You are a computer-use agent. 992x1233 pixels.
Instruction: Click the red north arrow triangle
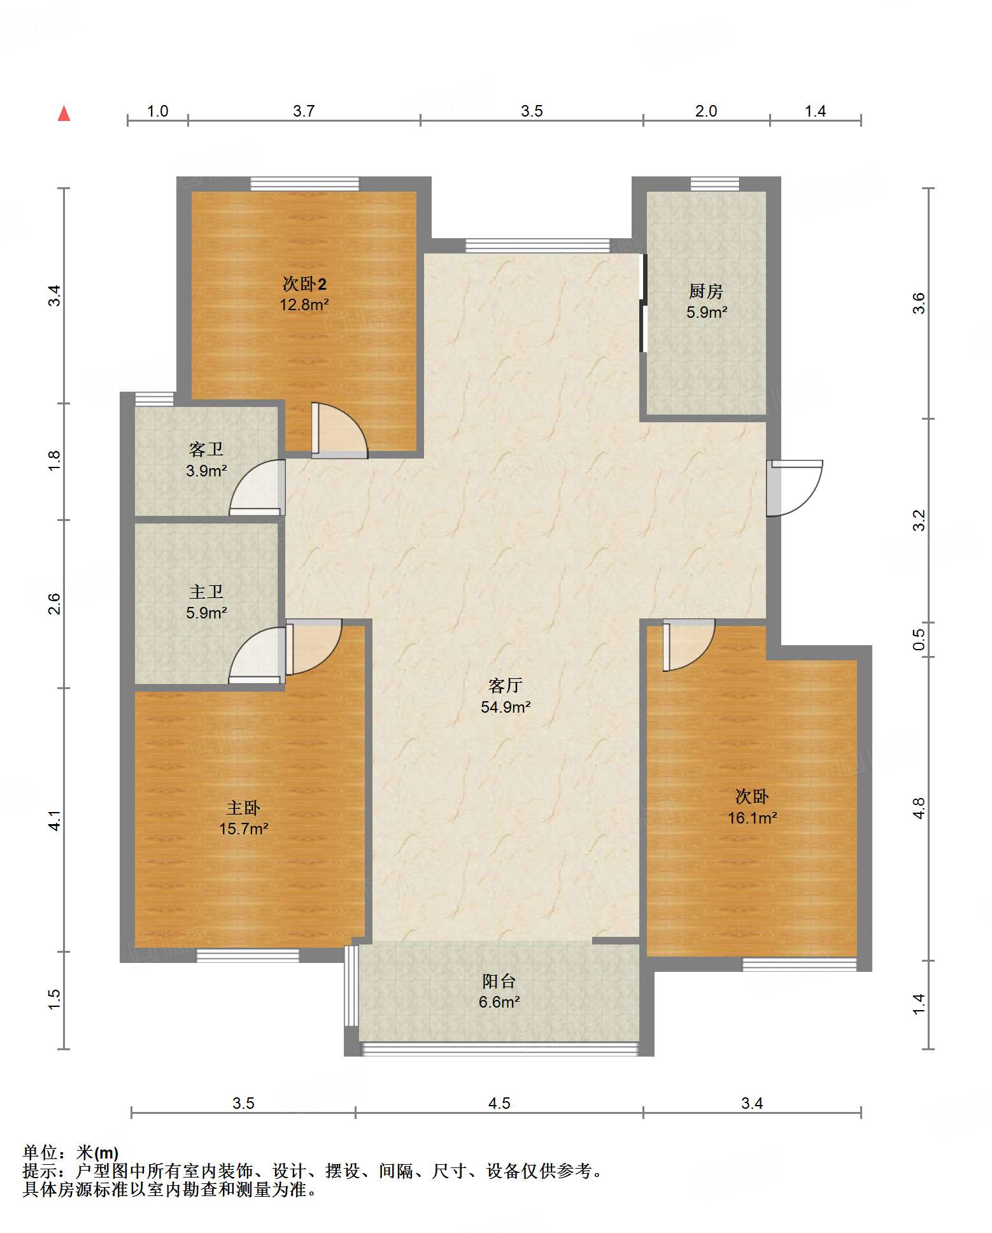tap(64, 113)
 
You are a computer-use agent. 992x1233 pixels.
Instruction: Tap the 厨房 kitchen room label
tap(706, 291)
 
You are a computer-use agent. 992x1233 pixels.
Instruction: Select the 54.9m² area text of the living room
tap(506, 707)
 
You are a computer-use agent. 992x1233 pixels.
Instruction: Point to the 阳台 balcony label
tap(499, 981)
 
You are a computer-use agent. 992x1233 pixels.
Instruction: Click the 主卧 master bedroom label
tap(243, 808)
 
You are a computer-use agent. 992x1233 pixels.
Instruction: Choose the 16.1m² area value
tap(752, 818)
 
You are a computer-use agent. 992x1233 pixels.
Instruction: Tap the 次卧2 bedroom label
tap(304, 284)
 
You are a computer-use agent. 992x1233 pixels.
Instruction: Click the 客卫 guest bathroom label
tap(206, 450)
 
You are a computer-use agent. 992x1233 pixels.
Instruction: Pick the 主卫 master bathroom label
tap(206, 592)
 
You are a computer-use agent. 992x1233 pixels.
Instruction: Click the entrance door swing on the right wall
tap(795, 488)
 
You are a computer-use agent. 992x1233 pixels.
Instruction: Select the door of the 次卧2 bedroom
tap(340, 431)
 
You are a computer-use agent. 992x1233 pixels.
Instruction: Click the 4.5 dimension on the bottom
tap(499, 1104)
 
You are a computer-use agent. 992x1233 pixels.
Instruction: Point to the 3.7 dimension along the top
tap(304, 111)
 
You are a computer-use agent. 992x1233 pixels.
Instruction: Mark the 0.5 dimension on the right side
tap(919, 639)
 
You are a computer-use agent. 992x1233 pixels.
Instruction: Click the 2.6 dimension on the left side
tap(55, 604)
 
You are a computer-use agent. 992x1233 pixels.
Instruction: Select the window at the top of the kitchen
tap(715, 184)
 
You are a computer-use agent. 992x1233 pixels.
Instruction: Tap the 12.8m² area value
tap(304, 304)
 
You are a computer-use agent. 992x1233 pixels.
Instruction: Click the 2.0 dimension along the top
tap(706, 111)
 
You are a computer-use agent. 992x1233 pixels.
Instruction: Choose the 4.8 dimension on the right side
tap(919, 808)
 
